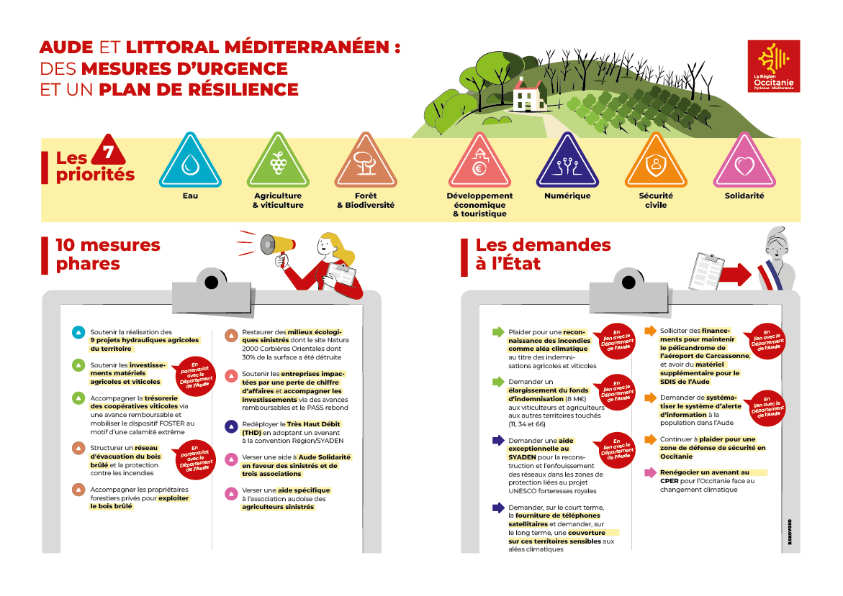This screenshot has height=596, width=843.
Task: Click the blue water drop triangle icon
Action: point(189,162)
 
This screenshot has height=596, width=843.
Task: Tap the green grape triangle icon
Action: point(277,162)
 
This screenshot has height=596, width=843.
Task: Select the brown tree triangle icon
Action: point(365,162)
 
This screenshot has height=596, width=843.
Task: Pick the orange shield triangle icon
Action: point(655,162)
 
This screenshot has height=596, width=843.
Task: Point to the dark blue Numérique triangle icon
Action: point(567,162)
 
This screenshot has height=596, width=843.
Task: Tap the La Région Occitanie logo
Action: point(774,66)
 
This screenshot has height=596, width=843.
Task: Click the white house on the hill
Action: point(527,93)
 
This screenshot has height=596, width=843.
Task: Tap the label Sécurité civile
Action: point(655,200)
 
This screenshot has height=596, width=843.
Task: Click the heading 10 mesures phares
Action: point(108,254)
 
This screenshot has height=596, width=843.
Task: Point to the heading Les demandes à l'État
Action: point(543,254)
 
